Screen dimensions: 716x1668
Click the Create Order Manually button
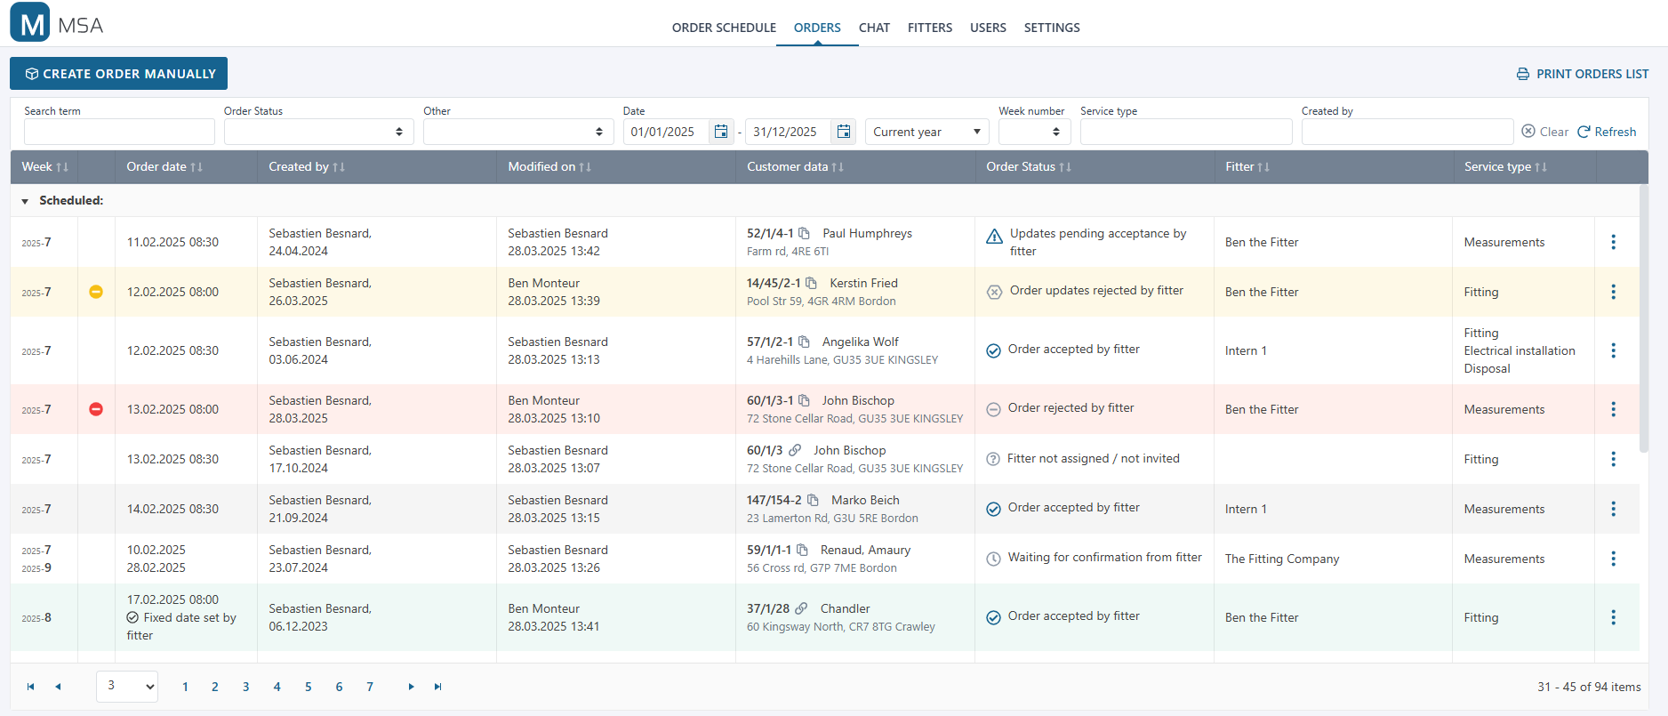coord(119,74)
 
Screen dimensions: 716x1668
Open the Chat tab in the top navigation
coord(874,28)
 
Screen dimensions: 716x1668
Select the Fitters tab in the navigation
coord(929,28)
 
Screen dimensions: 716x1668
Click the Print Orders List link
coord(1583,74)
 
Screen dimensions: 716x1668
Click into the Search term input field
coord(119,132)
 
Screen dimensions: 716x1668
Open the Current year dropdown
coord(926,132)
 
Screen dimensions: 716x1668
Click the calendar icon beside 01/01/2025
coord(721,132)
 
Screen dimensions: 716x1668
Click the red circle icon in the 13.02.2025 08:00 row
coord(96,409)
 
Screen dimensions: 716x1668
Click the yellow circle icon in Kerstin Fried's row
coord(96,292)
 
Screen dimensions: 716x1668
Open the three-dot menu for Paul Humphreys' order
coord(1613,242)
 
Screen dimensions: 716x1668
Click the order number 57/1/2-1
coord(769,342)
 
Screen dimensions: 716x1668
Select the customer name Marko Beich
coord(865,500)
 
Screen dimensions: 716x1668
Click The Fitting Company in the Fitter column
coord(1281,559)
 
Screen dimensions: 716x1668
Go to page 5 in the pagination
coord(308,687)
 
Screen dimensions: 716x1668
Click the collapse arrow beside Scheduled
coord(25,201)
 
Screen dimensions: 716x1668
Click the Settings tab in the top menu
coord(1051,28)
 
